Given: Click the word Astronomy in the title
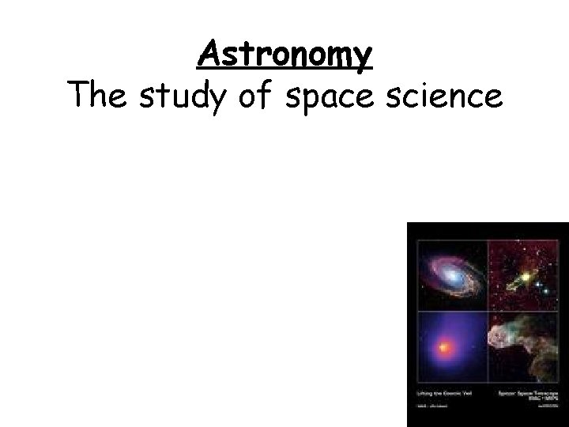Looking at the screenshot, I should [284, 55].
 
